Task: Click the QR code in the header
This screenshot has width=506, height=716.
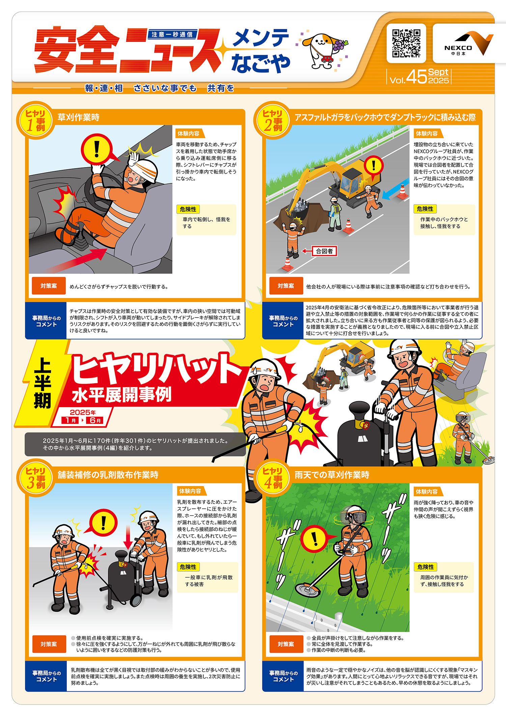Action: click(406, 43)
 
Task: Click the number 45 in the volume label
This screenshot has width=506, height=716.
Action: click(417, 77)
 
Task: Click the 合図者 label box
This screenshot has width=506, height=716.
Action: click(324, 251)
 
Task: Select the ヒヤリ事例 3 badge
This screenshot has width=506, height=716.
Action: click(35, 478)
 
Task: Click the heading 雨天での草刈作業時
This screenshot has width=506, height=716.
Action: click(332, 475)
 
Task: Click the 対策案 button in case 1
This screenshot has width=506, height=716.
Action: click(49, 286)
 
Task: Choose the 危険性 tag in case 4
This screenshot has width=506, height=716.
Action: click(425, 567)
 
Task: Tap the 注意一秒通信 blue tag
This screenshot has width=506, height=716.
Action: click(172, 34)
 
